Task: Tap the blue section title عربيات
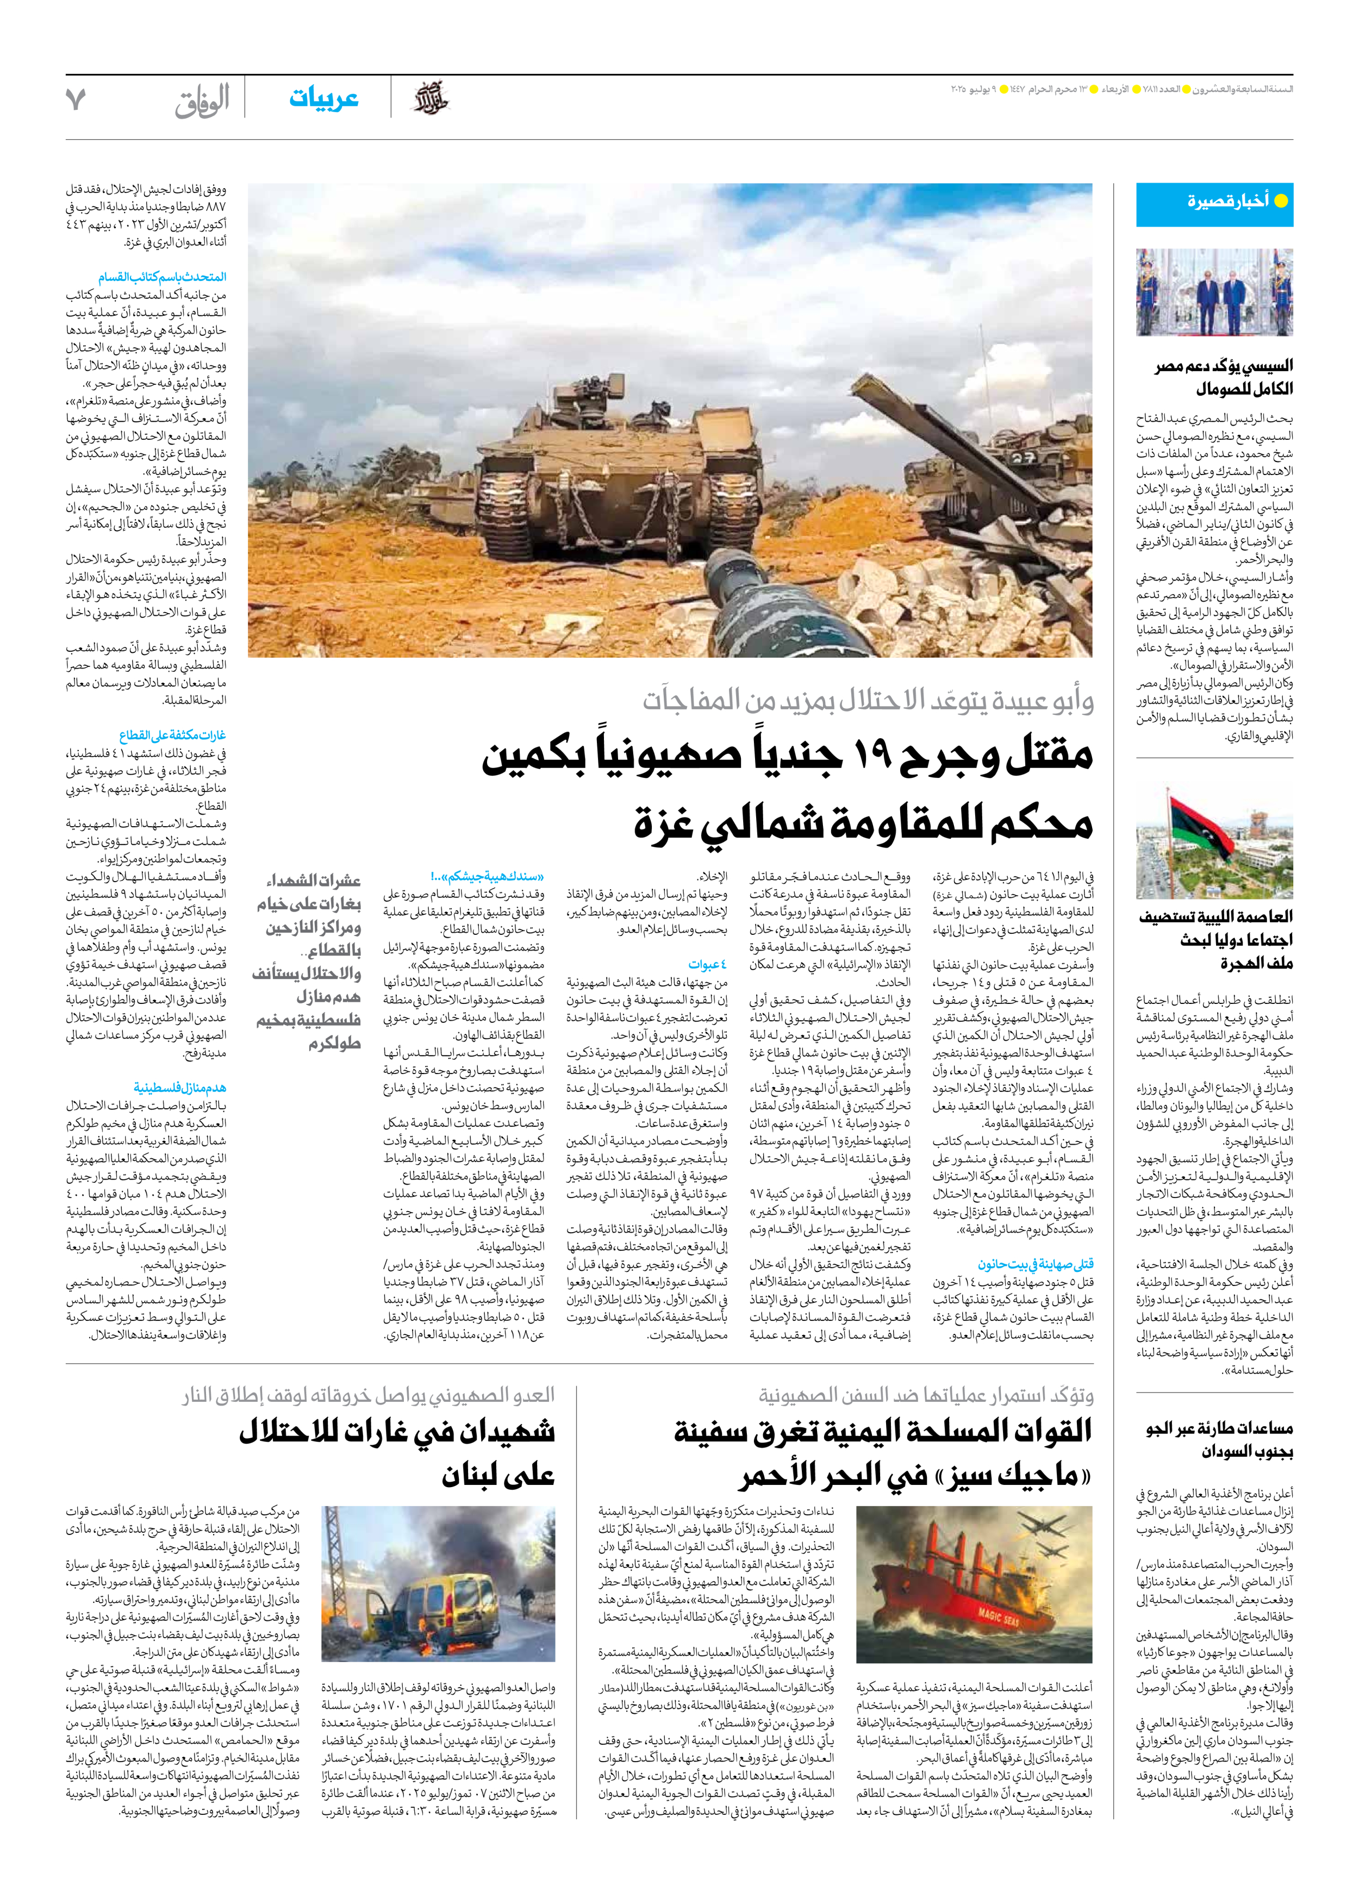[x=323, y=98]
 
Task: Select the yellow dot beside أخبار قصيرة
[x=1281, y=201]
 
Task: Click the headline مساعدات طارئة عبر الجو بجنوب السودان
[x=1219, y=1439]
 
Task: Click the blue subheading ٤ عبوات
[x=707, y=965]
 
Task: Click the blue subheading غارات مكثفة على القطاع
[x=172, y=735]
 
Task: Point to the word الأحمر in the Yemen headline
[x=786, y=1477]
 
